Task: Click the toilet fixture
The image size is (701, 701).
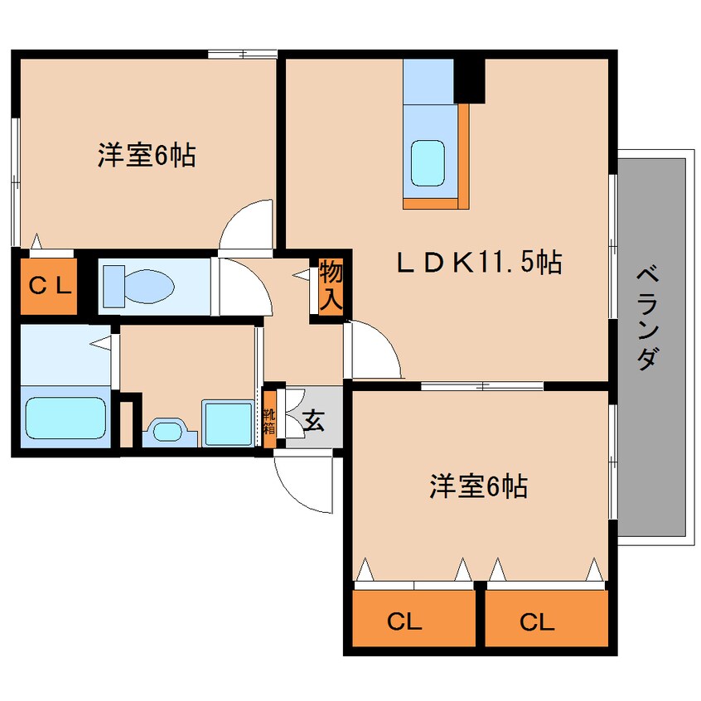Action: [x=138, y=287]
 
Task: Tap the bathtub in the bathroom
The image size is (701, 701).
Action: [x=65, y=418]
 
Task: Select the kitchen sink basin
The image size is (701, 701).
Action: [x=428, y=163]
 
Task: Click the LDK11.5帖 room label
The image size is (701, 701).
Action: [x=480, y=263]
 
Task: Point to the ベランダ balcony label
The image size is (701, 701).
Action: [x=648, y=318]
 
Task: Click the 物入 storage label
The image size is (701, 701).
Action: [x=331, y=286]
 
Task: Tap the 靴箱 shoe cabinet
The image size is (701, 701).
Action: [x=269, y=419]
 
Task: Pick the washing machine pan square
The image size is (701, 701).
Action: [x=228, y=423]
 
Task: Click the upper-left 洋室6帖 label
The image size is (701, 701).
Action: [x=147, y=155]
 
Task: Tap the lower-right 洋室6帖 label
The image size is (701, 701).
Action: [x=478, y=486]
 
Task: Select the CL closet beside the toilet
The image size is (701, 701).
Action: [x=49, y=286]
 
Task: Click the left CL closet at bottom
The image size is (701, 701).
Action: [x=414, y=618]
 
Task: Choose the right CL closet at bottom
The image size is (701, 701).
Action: [x=547, y=618]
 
